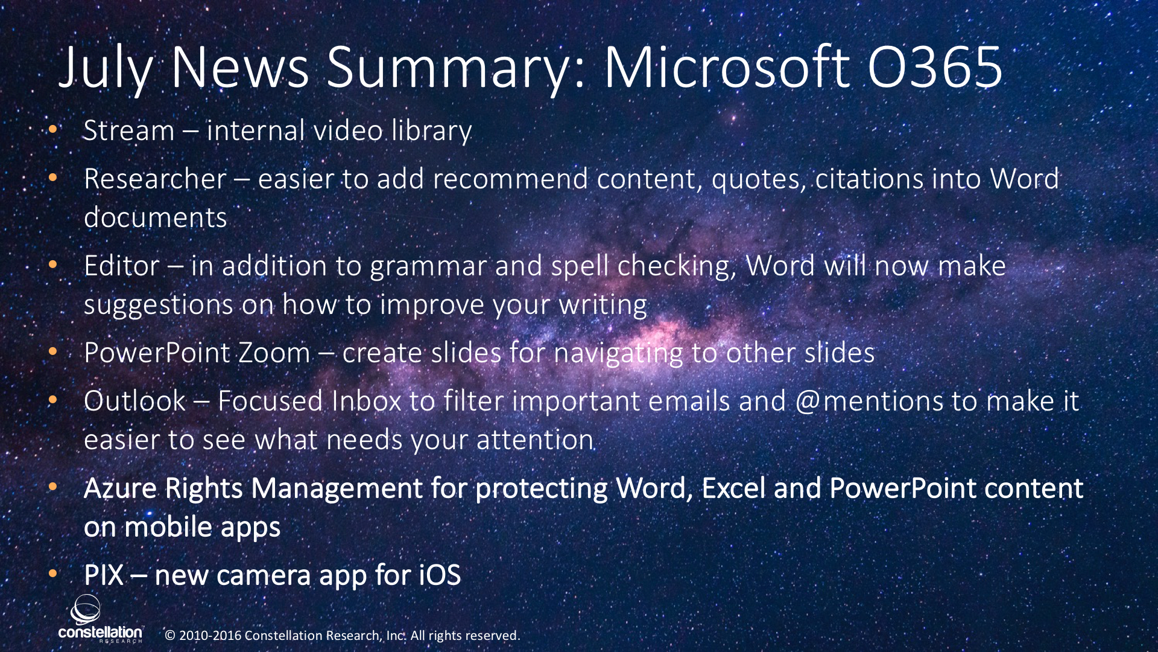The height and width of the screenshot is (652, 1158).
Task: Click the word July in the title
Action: (106, 68)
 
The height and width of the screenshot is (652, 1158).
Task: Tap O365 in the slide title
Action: (935, 67)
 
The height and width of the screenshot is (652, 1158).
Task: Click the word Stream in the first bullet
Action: (128, 130)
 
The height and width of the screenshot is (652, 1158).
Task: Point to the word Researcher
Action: (155, 179)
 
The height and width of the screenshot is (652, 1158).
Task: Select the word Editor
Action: (122, 266)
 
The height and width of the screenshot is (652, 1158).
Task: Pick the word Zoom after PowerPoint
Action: (274, 353)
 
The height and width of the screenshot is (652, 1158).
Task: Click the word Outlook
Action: (135, 401)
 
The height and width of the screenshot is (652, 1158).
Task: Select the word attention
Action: (535, 439)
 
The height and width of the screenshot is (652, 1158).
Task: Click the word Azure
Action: (120, 488)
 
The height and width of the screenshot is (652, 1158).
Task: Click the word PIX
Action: (104, 575)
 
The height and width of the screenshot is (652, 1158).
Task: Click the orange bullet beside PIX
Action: (53, 573)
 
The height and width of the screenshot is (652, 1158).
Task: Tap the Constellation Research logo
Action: (100, 619)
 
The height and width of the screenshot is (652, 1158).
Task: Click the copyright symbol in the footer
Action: (170, 636)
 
